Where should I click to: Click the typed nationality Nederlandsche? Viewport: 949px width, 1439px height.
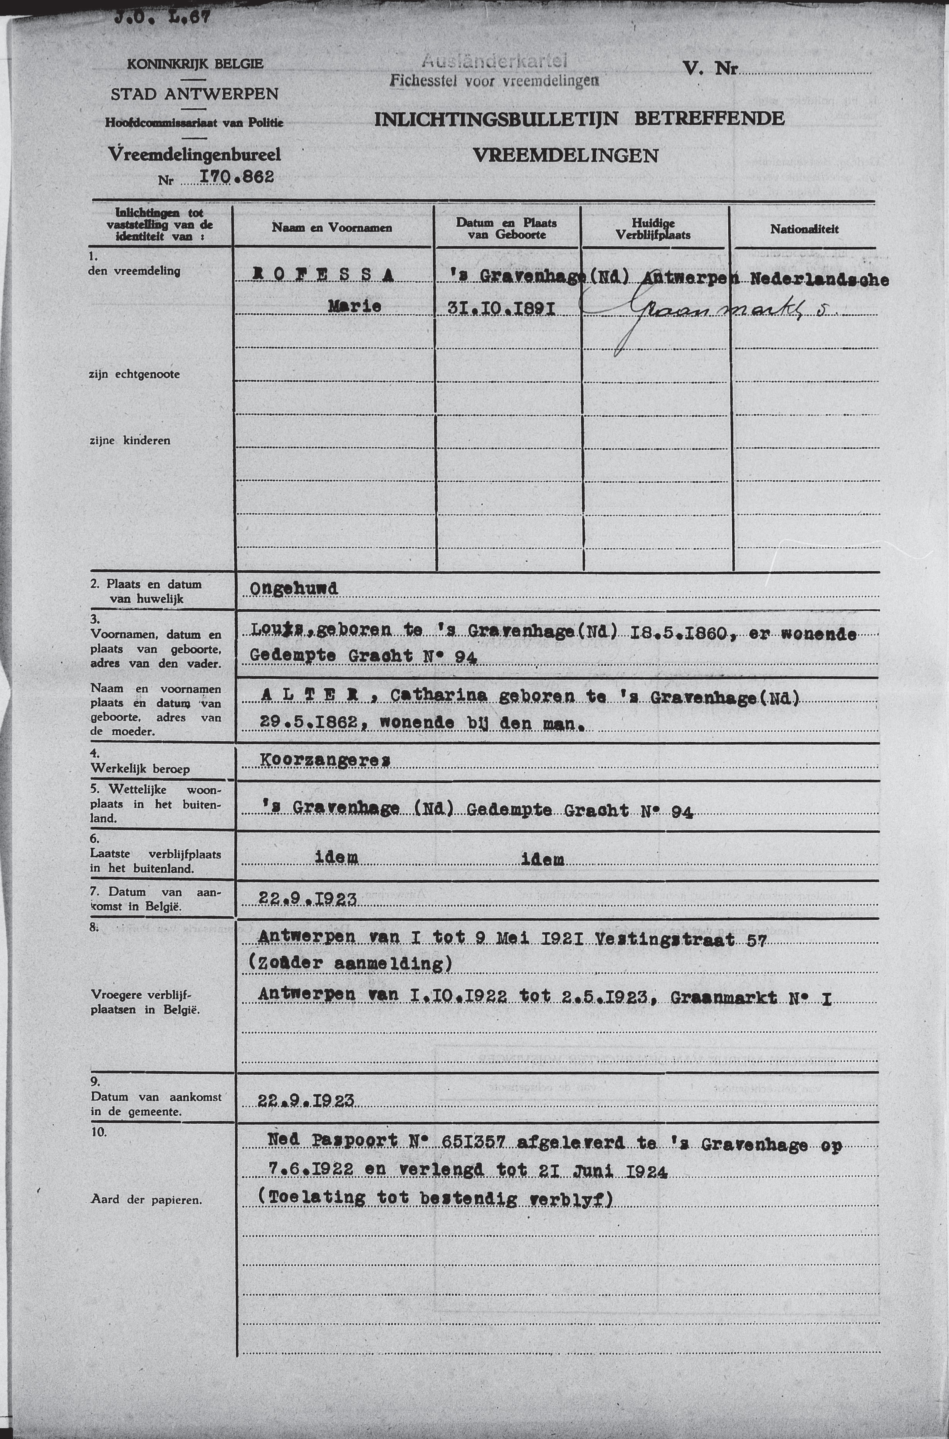[x=819, y=280]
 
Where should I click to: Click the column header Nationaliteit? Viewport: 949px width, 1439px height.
[x=805, y=229]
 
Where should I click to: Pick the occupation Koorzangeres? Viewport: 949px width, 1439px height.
[x=324, y=761]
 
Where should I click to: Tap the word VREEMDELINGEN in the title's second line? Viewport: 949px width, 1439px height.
[x=565, y=156]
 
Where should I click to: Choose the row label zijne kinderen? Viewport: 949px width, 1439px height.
[x=129, y=441]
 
